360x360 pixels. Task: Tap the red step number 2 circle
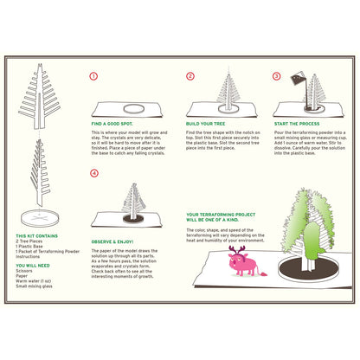point(190,76)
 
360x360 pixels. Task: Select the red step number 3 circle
point(276,76)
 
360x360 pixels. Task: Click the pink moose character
point(240,259)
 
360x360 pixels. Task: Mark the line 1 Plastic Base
point(31,247)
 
